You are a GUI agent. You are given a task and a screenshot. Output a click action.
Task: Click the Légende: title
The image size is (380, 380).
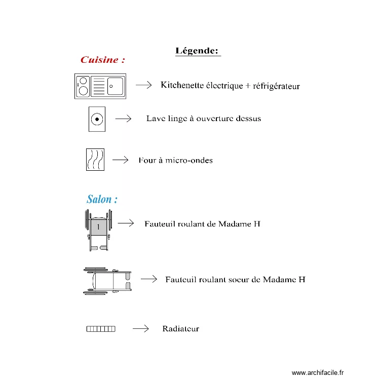point(197,51)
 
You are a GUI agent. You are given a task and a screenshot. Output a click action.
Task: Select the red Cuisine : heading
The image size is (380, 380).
point(103,60)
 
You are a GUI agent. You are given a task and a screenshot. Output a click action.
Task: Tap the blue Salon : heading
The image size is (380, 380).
point(102,199)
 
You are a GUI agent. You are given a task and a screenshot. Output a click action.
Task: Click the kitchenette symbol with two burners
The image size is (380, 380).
point(100,86)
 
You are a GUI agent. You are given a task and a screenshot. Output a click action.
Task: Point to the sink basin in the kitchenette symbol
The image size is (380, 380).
point(115,86)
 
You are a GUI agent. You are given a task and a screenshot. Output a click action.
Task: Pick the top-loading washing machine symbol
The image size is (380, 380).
point(96,119)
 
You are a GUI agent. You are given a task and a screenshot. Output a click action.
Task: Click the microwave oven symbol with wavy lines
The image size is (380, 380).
point(95,160)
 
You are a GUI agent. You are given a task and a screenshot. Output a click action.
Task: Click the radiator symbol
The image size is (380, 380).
point(101,329)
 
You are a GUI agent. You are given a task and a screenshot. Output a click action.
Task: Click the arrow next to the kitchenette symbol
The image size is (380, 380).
point(144,85)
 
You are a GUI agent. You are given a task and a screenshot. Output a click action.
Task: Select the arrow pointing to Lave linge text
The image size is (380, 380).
point(123,119)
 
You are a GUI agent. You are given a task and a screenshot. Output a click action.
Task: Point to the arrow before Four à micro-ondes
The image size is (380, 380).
point(120,160)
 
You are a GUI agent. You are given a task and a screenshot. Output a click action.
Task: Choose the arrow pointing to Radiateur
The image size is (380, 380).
point(140,329)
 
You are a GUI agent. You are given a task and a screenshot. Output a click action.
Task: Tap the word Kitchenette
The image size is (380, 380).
point(180,85)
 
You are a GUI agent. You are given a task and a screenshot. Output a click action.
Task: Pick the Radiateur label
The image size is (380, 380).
point(180,329)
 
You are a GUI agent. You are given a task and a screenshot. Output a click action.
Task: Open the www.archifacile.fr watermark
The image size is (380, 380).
point(318,373)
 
